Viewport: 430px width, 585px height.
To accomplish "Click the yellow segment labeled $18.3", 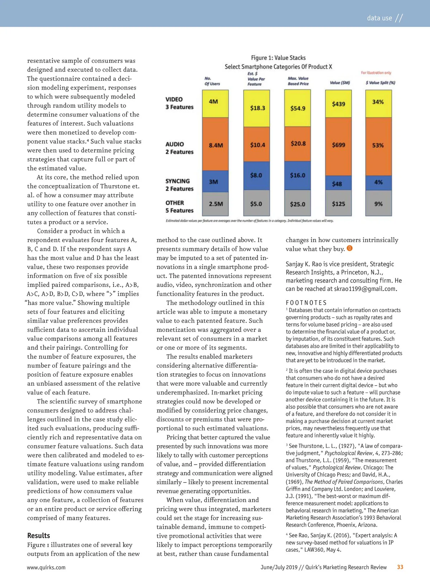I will point(257,108).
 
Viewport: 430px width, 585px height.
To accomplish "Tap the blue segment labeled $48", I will point(338,183).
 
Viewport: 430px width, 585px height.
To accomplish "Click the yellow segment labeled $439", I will point(338,104).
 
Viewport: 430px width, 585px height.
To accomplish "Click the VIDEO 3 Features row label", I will point(179,103).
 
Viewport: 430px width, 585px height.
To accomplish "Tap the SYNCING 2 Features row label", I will point(179,185).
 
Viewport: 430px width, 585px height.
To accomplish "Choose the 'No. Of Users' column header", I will point(212,81).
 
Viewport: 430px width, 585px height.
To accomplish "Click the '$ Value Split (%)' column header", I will point(380,83).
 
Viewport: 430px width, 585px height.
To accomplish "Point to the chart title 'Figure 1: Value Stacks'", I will point(278,58).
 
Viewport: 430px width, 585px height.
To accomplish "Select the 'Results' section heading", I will point(39,536).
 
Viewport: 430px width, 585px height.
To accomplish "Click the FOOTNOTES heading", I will point(306,303).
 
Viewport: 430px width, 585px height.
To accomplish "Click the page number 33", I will point(400,567).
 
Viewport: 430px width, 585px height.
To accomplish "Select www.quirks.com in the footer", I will point(46,567).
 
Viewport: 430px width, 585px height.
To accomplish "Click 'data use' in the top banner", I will point(379,18).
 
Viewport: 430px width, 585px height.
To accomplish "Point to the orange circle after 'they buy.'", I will point(350,248).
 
